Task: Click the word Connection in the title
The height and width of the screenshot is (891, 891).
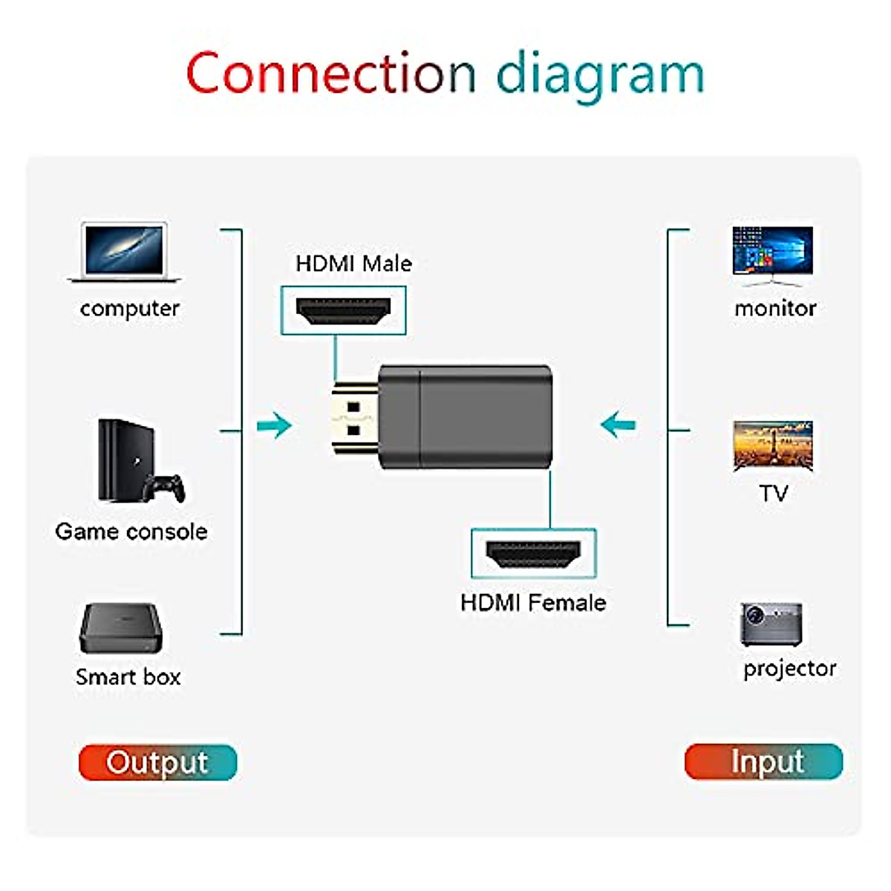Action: (330, 74)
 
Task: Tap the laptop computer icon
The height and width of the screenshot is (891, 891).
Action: (125, 252)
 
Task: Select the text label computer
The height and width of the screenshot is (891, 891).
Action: (130, 308)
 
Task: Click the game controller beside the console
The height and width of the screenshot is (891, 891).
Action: (165, 488)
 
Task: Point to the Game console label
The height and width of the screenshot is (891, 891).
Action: (131, 532)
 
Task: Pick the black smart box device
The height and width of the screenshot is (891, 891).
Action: (120, 628)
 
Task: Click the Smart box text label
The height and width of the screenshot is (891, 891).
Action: (128, 677)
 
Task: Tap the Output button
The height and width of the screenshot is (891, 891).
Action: (157, 763)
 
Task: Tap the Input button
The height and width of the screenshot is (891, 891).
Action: (763, 762)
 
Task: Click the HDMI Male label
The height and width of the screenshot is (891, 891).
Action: (353, 264)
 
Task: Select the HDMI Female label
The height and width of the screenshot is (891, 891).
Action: (533, 602)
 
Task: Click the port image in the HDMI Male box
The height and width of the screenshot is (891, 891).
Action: (343, 310)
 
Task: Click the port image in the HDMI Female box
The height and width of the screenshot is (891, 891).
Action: (533, 554)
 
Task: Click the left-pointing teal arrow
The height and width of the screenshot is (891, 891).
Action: (618, 425)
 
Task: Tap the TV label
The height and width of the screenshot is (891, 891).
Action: (773, 493)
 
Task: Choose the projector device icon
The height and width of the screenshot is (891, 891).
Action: (771, 624)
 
